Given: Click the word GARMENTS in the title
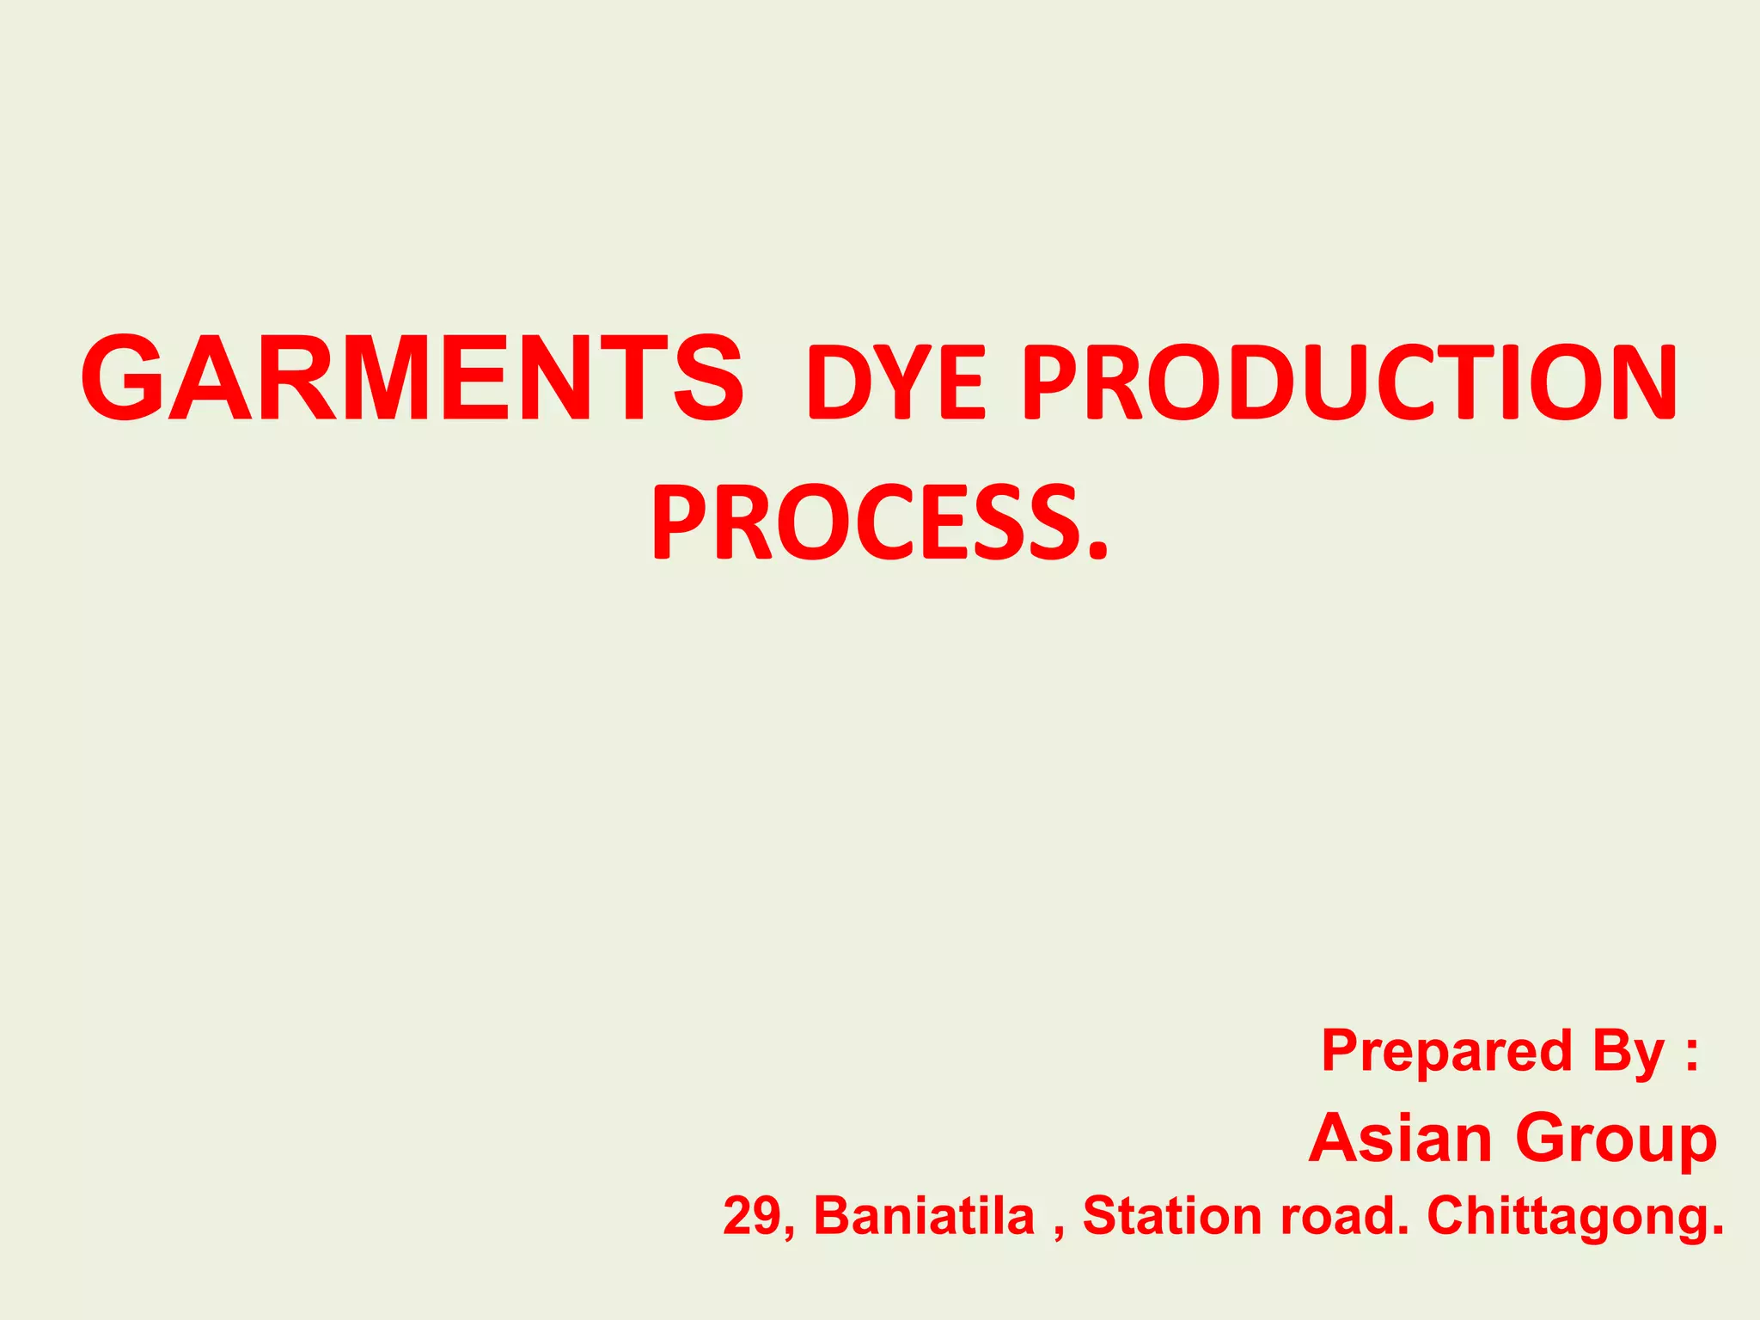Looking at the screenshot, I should coord(412,379).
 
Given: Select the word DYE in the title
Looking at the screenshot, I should coord(895,382).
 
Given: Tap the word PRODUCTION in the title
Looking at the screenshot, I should coord(1350,382).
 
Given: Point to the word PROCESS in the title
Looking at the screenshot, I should coord(865,522).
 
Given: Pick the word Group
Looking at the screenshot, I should coord(1616,1140).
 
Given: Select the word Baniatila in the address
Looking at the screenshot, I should coord(924,1216).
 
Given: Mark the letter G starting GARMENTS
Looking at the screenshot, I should coord(123,379).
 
